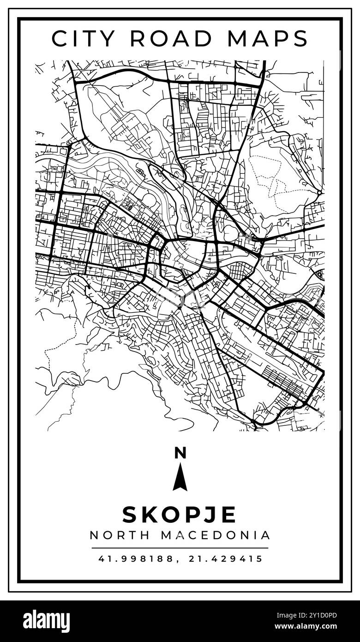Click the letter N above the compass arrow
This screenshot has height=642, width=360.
[x=180, y=453]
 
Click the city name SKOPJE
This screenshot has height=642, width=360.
[x=180, y=514]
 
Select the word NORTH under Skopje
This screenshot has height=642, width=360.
[x=120, y=535]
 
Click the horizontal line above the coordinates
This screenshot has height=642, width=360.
[x=180, y=548]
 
